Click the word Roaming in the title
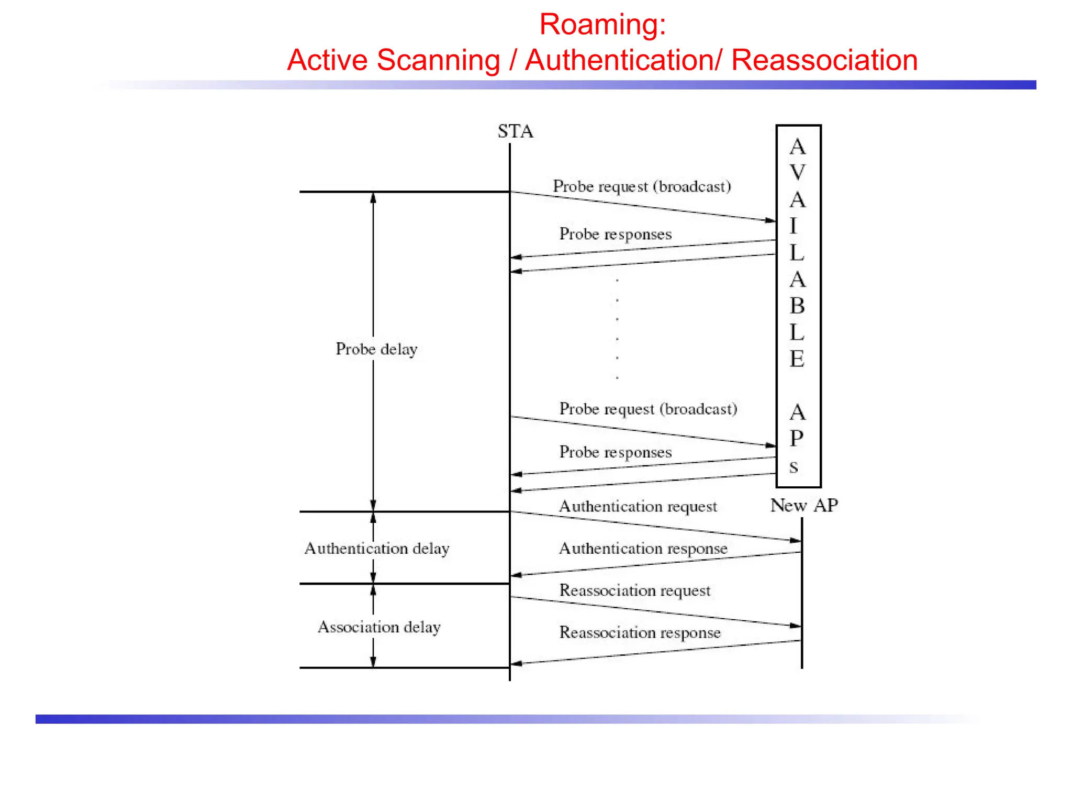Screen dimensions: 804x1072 pyautogui.click(x=602, y=24)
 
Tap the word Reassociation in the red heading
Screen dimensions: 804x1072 pyautogui.click(x=824, y=60)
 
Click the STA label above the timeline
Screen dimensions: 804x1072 pyautogui.click(x=515, y=131)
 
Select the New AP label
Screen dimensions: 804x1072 pyautogui.click(x=803, y=505)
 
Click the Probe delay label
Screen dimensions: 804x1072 pyautogui.click(x=376, y=349)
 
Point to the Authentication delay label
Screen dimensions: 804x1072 pyautogui.click(x=376, y=548)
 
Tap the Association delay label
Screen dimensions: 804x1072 pyautogui.click(x=379, y=627)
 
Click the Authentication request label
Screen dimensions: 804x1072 pyautogui.click(x=638, y=506)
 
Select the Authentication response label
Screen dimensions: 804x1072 pyautogui.click(x=643, y=548)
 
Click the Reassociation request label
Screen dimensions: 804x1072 pyautogui.click(x=634, y=590)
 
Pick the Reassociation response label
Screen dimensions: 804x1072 pyautogui.click(x=640, y=632)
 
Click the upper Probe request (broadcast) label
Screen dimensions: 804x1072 pyautogui.click(x=642, y=186)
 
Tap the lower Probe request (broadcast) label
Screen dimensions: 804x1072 pyautogui.click(x=648, y=409)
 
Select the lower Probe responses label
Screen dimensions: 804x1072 pyautogui.click(x=615, y=452)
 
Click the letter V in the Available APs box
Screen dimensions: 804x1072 pyautogui.click(x=797, y=173)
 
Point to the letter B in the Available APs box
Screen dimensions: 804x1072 pyautogui.click(x=797, y=306)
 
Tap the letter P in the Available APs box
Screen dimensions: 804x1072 pyautogui.click(x=796, y=438)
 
